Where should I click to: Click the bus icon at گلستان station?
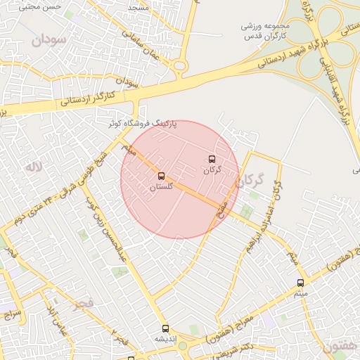pyautogui.click(x=161, y=176)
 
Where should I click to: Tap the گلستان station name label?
pyautogui.click(x=161, y=188)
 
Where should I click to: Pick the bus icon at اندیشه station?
pyautogui.click(x=165, y=328)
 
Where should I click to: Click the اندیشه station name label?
pyautogui.click(x=165, y=339)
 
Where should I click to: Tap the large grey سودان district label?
pyautogui.click(x=48, y=39)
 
